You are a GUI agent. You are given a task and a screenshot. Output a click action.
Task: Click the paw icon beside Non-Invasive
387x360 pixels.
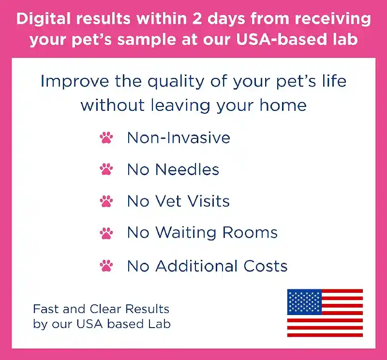(106, 138)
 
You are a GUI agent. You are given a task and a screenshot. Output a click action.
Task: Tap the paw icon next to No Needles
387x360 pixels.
(106, 169)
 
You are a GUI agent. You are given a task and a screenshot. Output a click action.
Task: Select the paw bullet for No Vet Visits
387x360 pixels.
(106, 201)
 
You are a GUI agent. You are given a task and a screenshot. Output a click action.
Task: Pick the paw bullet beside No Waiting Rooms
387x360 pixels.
(106, 233)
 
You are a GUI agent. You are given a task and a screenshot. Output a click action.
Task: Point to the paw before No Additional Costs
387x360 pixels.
(106, 266)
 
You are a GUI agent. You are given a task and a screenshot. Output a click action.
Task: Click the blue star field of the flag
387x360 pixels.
(304, 302)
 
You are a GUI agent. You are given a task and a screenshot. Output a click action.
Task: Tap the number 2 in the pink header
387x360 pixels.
(197, 19)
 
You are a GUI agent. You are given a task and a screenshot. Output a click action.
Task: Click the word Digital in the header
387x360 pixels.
(44, 19)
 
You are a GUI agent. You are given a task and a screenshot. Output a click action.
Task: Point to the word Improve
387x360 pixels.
(74, 81)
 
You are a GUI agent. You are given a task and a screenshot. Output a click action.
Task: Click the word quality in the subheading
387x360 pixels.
(176, 81)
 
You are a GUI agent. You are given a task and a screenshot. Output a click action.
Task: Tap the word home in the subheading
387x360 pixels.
(283, 105)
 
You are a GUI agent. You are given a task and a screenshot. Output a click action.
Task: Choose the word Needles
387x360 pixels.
(187, 170)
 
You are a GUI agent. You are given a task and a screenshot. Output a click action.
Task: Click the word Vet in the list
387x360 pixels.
(168, 201)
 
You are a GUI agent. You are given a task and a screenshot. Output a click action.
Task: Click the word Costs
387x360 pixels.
(265, 266)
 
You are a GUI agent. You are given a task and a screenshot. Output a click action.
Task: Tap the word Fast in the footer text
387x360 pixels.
(46, 309)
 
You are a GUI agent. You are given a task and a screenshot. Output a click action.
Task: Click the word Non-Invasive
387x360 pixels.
(179, 137)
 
